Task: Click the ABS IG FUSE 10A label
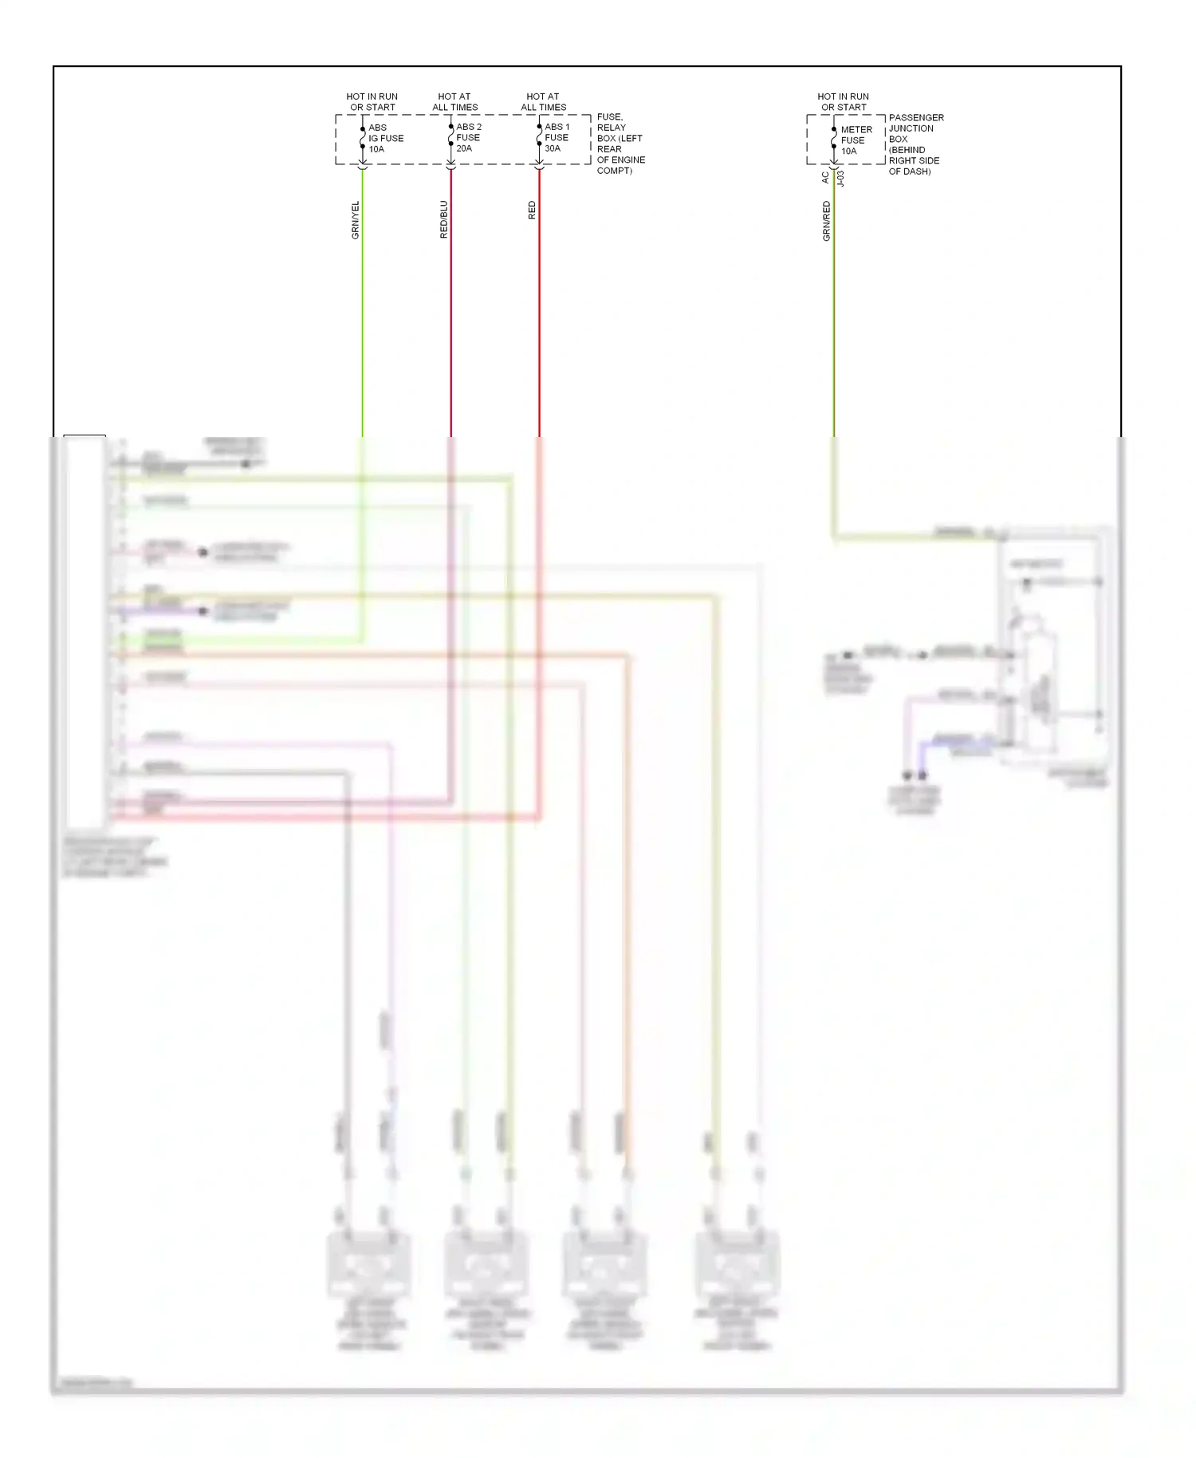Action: [385, 138]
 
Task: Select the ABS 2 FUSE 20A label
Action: [469, 137]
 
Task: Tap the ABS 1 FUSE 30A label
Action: [557, 137]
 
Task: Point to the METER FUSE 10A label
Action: [856, 140]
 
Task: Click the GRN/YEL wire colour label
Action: [356, 220]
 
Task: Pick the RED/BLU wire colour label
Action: [444, 219]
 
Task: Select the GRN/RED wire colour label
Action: [827, 221]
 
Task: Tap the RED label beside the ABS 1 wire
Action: [532, 211]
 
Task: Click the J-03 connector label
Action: [840, 178]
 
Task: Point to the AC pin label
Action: [825, 178]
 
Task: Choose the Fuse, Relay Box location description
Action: [620, 144]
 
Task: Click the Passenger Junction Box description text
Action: [915, 144]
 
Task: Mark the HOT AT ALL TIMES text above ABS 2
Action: [454, 101]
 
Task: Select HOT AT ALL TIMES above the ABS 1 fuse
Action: [543, 101]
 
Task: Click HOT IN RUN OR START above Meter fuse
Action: [843, 101]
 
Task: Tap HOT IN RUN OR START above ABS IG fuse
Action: [372, 101]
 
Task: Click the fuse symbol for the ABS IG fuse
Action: [363, 138]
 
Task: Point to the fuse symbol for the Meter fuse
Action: [834, 138]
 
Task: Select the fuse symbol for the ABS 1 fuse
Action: [539, 137]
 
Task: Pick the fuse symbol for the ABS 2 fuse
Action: [450, 137]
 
